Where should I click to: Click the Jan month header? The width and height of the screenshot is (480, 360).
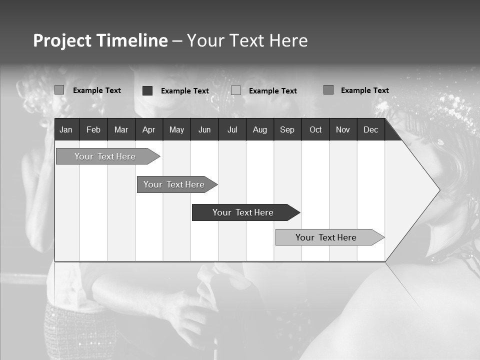66,129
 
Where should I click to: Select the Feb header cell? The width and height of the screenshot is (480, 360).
93,129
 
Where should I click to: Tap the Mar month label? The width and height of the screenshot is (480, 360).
121,129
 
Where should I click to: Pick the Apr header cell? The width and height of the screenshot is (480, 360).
148,129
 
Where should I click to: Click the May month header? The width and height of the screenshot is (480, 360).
176,129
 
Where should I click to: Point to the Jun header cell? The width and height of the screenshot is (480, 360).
204,129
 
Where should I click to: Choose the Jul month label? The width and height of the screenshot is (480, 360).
232,129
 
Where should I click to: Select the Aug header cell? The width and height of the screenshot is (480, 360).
259,129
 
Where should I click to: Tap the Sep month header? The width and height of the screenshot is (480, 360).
287,129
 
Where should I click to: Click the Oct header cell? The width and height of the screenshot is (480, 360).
315,129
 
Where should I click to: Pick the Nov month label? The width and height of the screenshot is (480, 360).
343,129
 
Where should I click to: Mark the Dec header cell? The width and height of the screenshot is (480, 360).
370,129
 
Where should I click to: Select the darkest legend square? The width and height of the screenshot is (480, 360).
147,90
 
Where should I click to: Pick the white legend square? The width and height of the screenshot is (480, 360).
236,90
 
